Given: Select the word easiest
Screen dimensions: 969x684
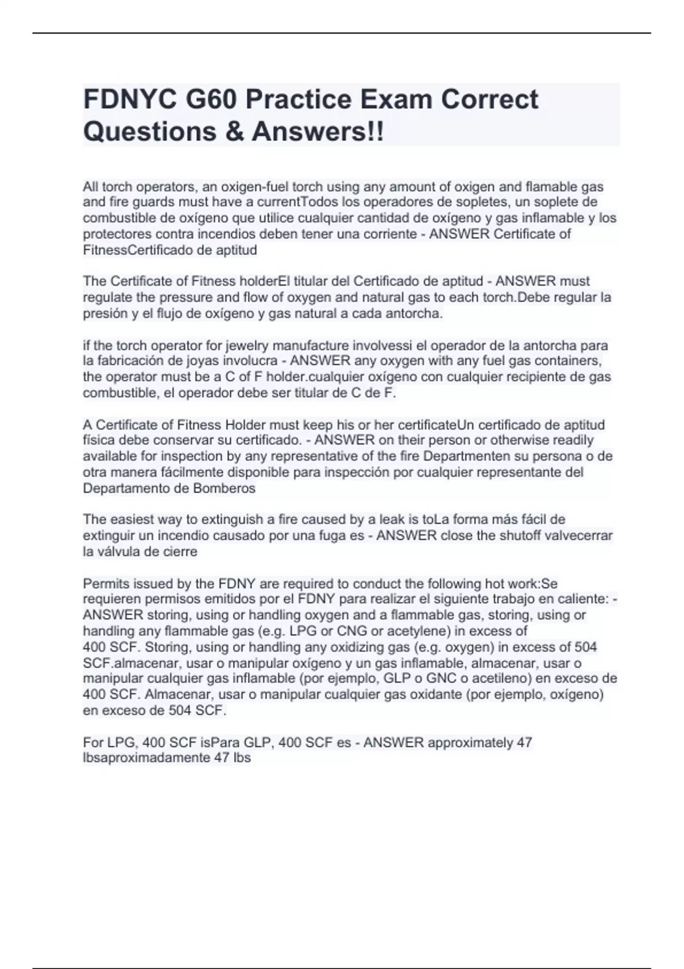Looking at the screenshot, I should [x=132, y=520].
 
